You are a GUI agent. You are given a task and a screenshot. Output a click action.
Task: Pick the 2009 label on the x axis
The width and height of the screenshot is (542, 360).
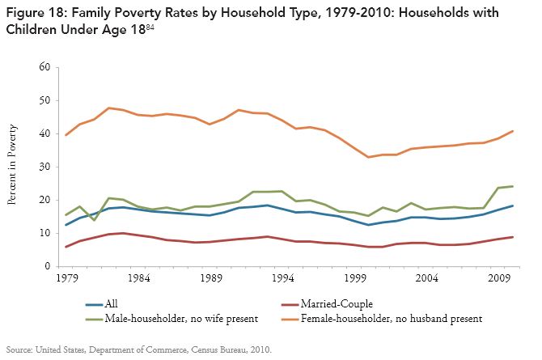494,277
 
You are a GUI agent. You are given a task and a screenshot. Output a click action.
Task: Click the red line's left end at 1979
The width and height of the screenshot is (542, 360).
66,247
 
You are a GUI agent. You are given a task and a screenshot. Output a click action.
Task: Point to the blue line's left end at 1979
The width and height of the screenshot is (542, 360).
66,225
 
